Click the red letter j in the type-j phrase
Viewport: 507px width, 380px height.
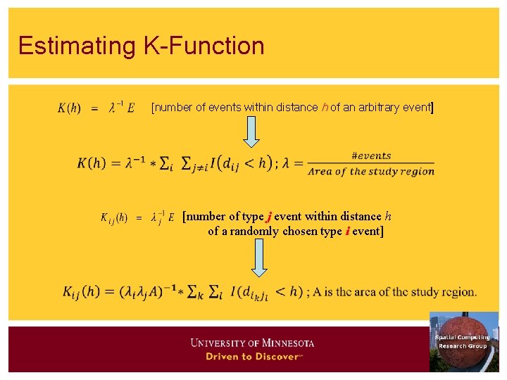click(x=268, y=217)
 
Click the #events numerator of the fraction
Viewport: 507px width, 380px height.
click(x=371, y=156)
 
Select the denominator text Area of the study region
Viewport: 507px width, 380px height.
click(x=371, y=172)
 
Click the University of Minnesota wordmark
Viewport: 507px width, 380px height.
click(x=252, y=343)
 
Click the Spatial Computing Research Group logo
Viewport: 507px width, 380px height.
click(x=463, y=341)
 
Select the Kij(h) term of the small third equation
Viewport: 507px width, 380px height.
click(x=113, y=217)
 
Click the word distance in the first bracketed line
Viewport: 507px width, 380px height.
click(x=296, y=108)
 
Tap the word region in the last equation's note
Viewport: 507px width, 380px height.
click(x=458, y=292)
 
